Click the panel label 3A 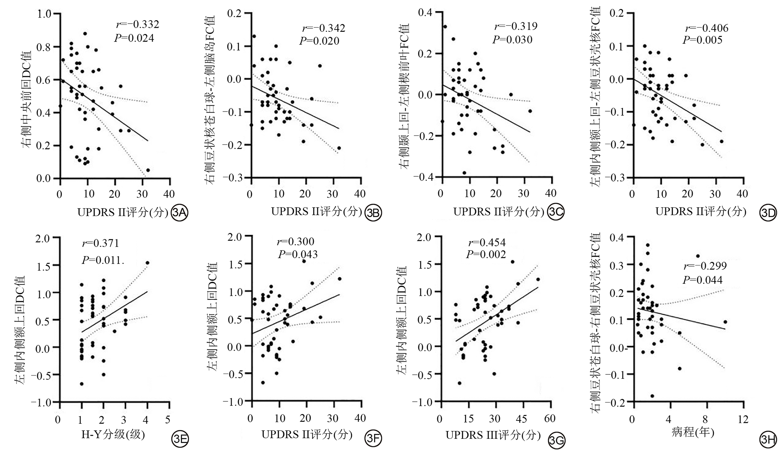(x=179, y=213)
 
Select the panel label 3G (x=556, y=441)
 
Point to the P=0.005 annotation (x=702, y=40)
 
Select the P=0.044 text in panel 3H (x=703, y=280)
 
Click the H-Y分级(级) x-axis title (x=113, y=435)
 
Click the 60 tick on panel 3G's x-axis (x=550, y=419)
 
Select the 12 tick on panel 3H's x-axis (x=743, y=419)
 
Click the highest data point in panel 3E (x=147, y=263)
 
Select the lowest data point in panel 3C (x=464, y=173)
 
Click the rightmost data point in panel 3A (x=148, y=170)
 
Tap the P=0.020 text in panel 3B (x=319, y=41)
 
